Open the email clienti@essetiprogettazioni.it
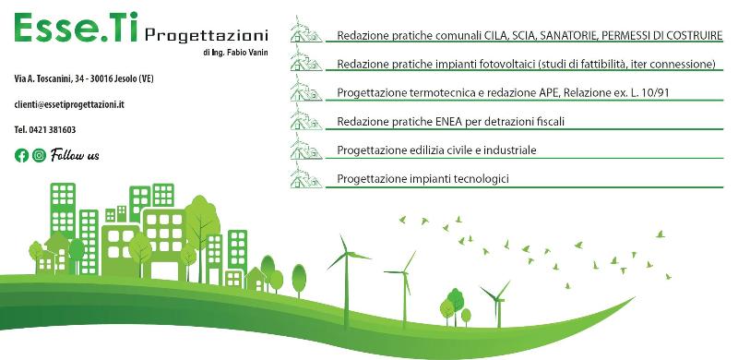(69, 106)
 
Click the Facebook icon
(22, 155)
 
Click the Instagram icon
(40, 155)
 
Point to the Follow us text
(76, 155)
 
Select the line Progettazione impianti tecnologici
(423, 178)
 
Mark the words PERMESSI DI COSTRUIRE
(661, 35)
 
